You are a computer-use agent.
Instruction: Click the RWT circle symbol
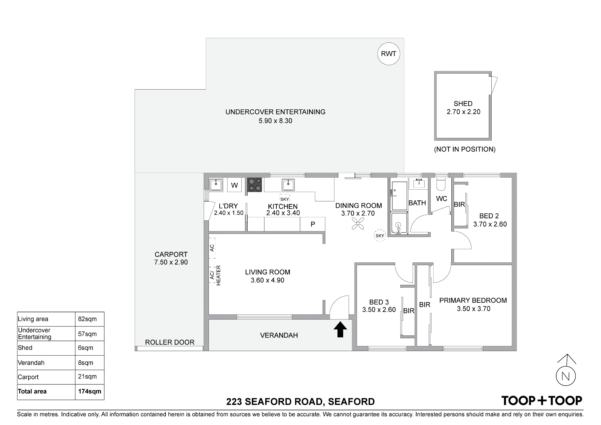pos(389,54)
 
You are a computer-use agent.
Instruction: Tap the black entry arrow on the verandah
pos(340,329)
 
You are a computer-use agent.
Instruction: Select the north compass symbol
pos(566,370)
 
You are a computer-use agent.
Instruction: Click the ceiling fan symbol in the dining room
pos(358,224)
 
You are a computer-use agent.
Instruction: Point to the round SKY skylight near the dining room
pos(380,236)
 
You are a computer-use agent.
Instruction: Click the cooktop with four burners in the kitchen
pos(255,185)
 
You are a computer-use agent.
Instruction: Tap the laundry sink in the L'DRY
pos(216,185)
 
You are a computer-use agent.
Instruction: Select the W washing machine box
pos(234,185)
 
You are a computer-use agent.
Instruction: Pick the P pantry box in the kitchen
pos(313,224)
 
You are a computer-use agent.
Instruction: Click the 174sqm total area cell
pos(90,392)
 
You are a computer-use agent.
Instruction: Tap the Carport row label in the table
pos(28,377)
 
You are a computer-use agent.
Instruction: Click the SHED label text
pos(463,104)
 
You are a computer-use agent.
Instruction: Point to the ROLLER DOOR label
pos(170,342)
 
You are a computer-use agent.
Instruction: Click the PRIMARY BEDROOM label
pos(473,300)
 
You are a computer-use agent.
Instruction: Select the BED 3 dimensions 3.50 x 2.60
pos(379,310)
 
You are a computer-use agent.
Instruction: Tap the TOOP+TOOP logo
pos(542,400)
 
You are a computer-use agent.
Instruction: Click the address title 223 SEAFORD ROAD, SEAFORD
pos(300,402)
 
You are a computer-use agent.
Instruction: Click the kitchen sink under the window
pos(288,185)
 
